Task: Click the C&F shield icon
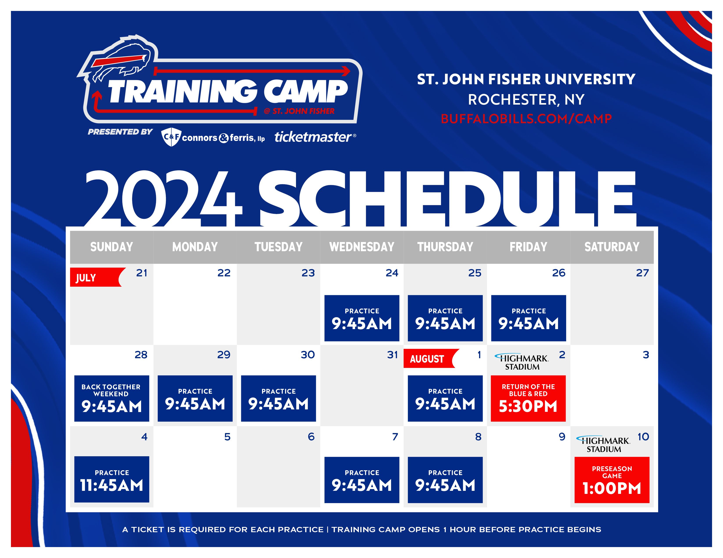[171, 137]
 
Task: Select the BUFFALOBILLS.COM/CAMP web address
[526, 119]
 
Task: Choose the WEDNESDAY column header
[362, 247]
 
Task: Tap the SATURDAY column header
[612, 247]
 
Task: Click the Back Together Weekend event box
[112, 398]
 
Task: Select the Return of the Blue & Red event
[528, 398]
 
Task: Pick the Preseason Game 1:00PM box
[612, 480]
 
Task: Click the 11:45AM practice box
[112, 479]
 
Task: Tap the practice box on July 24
[362, 318]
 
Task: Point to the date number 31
[392, 355]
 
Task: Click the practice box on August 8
[445, 480]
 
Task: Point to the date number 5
[227, 437]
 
